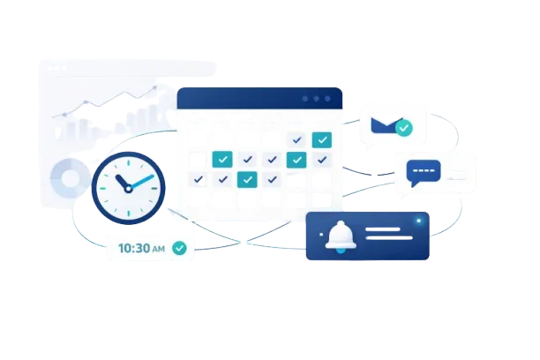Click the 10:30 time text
tap(133, 249)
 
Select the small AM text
tap(158, 250)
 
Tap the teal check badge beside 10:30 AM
tap(179, 249)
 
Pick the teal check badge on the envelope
tap(403, 129)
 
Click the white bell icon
tap(339, 234)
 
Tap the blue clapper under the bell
tap(339, 251)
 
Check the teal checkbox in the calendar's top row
tap(321, 139)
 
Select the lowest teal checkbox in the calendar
tap(248, 179)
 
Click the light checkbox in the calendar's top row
tap(296, 139)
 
